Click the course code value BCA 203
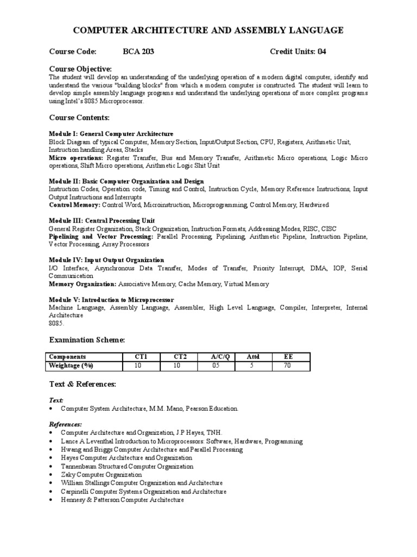(138, 52)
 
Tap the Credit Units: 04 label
(298, 52)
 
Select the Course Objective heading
(81, 69)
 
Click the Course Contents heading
(79, 117)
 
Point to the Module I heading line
(111, 134)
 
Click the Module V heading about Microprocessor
(111, 300)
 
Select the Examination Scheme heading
(87, 340)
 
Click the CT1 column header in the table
(141, 357)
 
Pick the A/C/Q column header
(220, 357)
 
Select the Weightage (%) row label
(72, 366)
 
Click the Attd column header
(253, 357)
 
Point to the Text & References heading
(83, 384)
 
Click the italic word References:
(66, 424)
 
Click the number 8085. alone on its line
(56, 323)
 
